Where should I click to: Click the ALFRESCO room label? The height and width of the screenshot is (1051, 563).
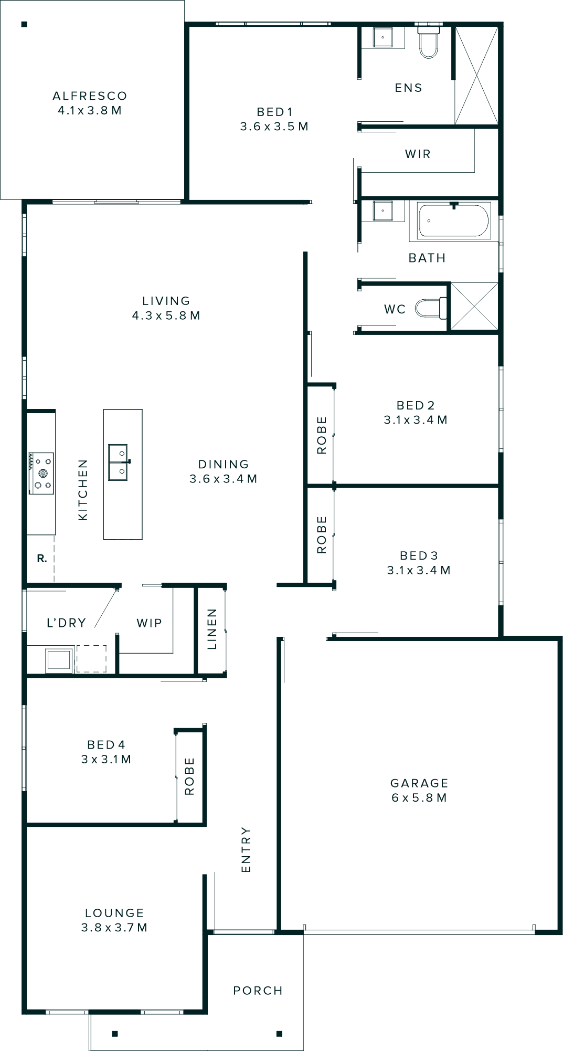90,96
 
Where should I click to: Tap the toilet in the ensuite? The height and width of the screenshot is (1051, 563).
428,43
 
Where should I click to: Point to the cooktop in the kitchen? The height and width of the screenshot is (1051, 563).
41,473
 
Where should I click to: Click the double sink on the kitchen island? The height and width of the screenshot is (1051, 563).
118,463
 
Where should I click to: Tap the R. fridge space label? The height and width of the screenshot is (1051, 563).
42,559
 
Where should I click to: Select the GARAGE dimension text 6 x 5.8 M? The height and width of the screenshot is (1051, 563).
419,798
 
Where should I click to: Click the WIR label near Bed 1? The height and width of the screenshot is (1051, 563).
418,154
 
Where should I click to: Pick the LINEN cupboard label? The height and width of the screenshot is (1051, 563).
212,629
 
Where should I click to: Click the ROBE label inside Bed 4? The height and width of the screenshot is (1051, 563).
189,776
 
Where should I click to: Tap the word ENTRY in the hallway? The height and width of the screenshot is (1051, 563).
246,850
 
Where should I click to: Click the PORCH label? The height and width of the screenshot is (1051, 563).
258,991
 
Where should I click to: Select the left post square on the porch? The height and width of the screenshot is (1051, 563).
115,1034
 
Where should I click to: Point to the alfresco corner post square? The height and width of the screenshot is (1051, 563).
24,24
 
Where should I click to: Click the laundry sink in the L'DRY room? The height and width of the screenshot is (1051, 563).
58,660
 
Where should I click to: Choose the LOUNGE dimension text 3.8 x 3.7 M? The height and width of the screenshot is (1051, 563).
114,928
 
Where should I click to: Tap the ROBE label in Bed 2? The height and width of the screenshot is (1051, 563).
321,435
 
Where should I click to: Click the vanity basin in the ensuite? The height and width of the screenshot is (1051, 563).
383,37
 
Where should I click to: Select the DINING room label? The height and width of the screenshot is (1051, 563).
223,464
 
